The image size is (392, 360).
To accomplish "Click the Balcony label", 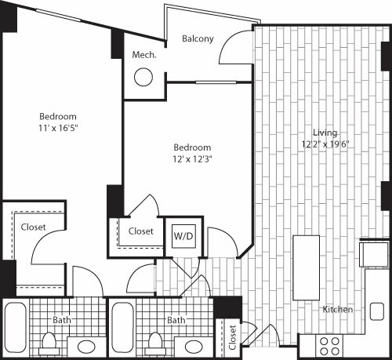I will pos(198,38).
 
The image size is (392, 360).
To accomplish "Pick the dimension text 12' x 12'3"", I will pos(192,158).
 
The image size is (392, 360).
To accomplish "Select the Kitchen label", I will pos(338,310).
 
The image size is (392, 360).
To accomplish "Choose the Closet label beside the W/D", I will pos(140,231).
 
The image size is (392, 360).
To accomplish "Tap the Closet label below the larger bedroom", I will pos(34,227).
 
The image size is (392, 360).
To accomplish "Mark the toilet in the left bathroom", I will pos(50,340).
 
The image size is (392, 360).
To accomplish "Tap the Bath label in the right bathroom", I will pos(176,320).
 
